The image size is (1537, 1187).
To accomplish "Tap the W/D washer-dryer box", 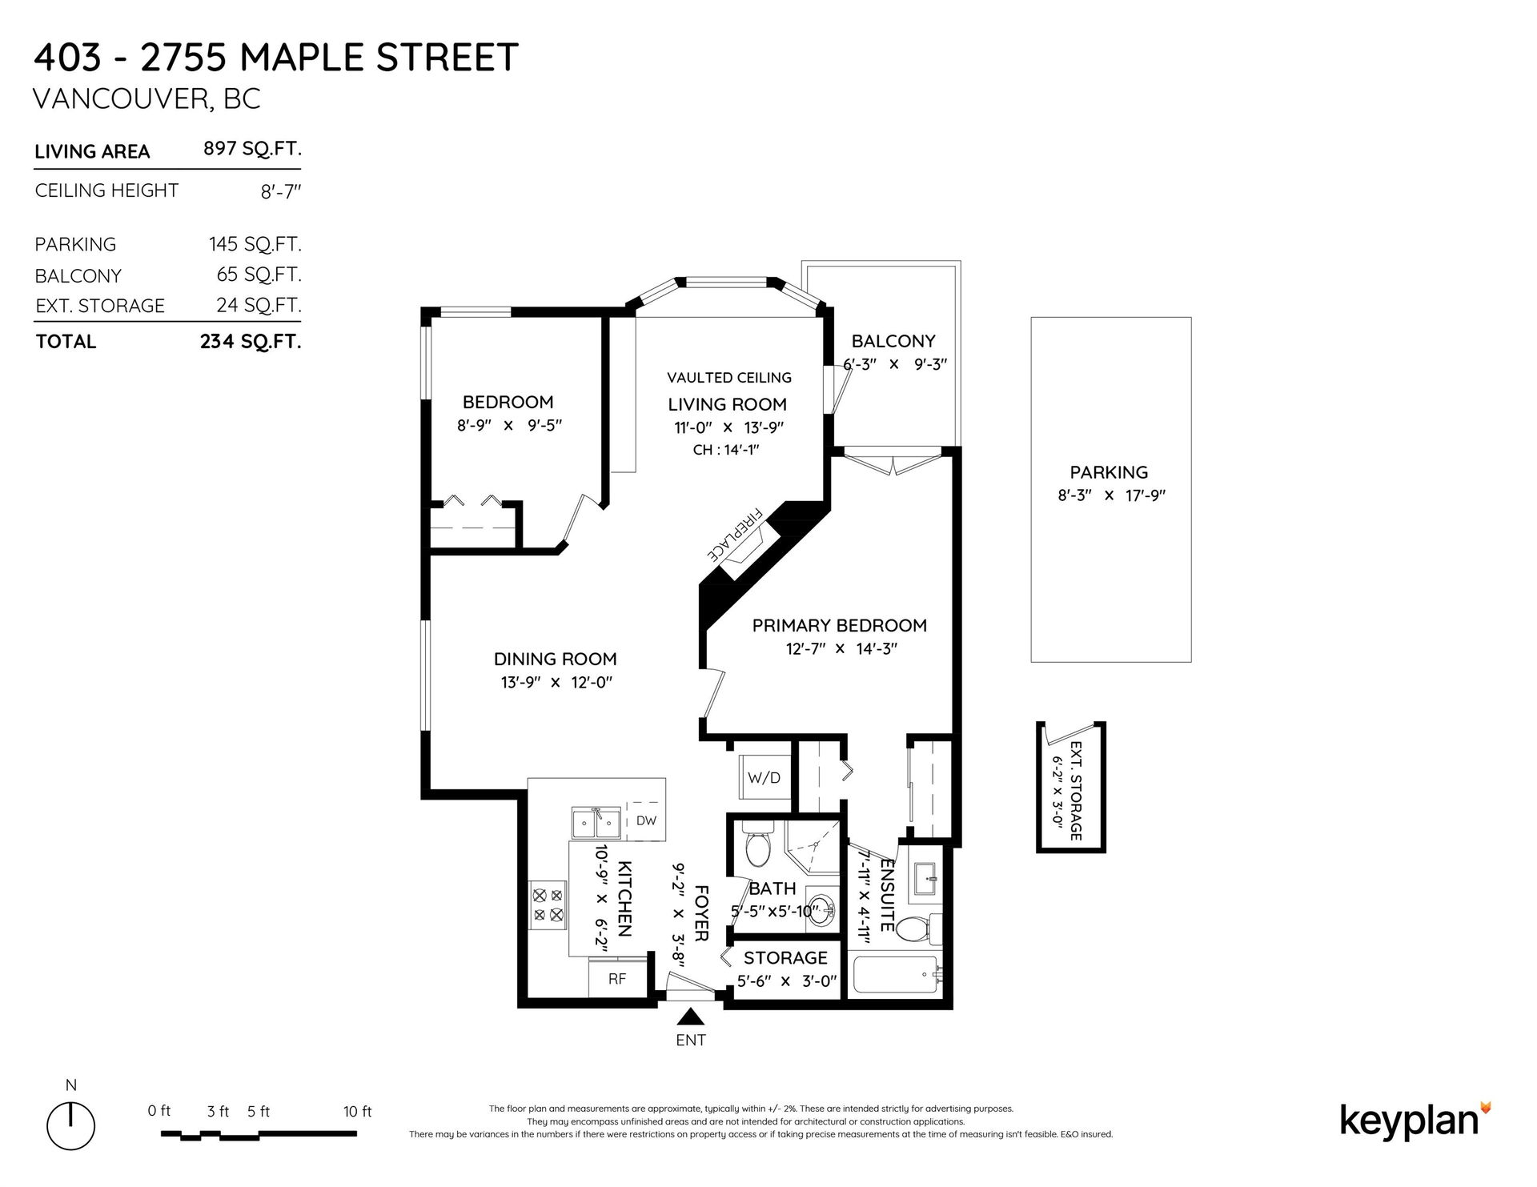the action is [x=764, y=777].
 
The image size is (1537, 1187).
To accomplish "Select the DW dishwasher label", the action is [x=646, y=820].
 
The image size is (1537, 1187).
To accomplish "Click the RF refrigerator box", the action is [x=617, y=978].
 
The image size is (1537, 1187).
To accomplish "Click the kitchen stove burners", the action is [x=548, y=904].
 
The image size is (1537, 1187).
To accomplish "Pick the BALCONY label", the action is [x=893, y=341].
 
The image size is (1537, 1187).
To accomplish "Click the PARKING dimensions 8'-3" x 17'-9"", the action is [x=1111, y=495].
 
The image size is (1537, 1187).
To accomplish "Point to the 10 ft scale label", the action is [x=357, y=1111].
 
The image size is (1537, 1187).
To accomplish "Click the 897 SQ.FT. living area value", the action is [x=253, y=150].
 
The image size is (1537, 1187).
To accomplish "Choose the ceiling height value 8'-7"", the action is [x=281, y=192].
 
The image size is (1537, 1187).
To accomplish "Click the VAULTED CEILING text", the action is [x=729, y=377].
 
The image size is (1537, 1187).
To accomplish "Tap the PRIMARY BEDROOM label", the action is [x=840, y=625].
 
